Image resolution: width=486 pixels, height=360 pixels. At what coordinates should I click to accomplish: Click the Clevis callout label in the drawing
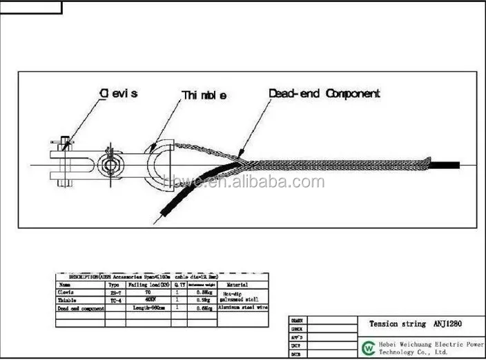click(x=119, y=93)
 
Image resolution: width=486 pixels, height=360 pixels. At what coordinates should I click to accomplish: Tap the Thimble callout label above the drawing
click(x=204, y=95)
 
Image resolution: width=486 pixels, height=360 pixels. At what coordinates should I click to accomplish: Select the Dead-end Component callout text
click(x=324, y=93)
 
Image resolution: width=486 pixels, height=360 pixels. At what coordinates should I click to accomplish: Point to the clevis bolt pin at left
click(x=64, y=145)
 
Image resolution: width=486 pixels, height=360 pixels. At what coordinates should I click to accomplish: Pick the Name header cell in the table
click(x=65, y=284)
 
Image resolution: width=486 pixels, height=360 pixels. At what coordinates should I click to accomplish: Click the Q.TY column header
click(x=179, y=284)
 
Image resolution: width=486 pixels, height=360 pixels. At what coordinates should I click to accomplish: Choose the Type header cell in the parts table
click(x=115, y=284)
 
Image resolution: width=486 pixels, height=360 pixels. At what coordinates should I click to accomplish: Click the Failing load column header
click(x=147, y=284)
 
